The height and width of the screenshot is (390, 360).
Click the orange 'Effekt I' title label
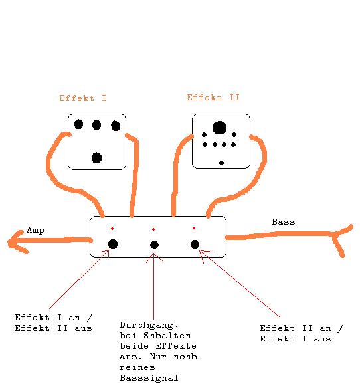tap(82, 98)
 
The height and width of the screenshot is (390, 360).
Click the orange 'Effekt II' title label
tap(213, 97)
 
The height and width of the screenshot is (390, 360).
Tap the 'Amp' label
tap(35, 230)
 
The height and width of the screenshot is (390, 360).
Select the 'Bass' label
tap(284, 222)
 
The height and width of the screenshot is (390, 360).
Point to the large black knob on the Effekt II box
tap(219, 128)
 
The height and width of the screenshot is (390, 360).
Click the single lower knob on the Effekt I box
tap(97, 158)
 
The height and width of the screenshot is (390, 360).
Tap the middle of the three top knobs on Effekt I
tap(96, 125)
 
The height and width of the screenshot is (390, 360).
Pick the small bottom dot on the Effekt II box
tap(222, 163)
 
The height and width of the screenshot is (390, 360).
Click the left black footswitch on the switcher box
tap(113, 244)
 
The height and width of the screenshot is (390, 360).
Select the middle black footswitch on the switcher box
tap(154, 244)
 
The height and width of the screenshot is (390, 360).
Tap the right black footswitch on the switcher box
tap(195, 244)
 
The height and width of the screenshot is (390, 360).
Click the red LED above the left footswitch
tap(112, 229)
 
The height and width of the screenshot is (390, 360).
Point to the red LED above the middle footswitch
tap(153, 229)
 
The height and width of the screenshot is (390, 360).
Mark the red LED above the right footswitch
tap(194, 228)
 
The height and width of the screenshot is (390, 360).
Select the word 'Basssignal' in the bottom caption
tap(149, 378)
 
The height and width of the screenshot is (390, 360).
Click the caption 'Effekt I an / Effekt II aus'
tap(53, 323)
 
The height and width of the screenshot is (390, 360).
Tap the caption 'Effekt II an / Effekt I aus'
tap(302, 334)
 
